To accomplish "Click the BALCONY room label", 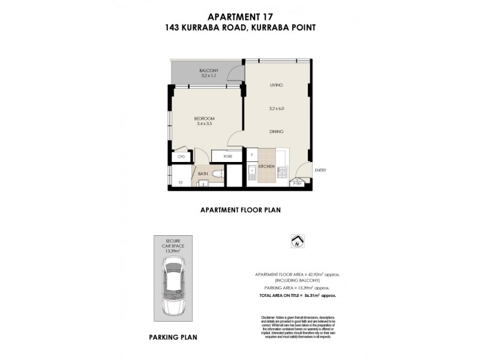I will (x=209, y=71).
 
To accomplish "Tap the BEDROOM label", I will (x=204, y=119).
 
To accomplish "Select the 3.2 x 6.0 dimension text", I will (x=276, y=108).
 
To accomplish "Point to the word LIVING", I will (x=276, y=85).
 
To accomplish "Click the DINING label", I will (x=276, y=131).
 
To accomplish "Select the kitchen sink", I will (x=253, y=174).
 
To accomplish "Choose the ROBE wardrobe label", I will (x=228, y=156).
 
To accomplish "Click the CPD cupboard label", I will (x=181, y=157).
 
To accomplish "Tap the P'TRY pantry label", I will (x=297, y=183).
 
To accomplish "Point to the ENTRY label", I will (x=320, y=170).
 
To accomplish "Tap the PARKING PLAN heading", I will (x=173, y=338).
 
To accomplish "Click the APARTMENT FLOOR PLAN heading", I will (x=240, y=211).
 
